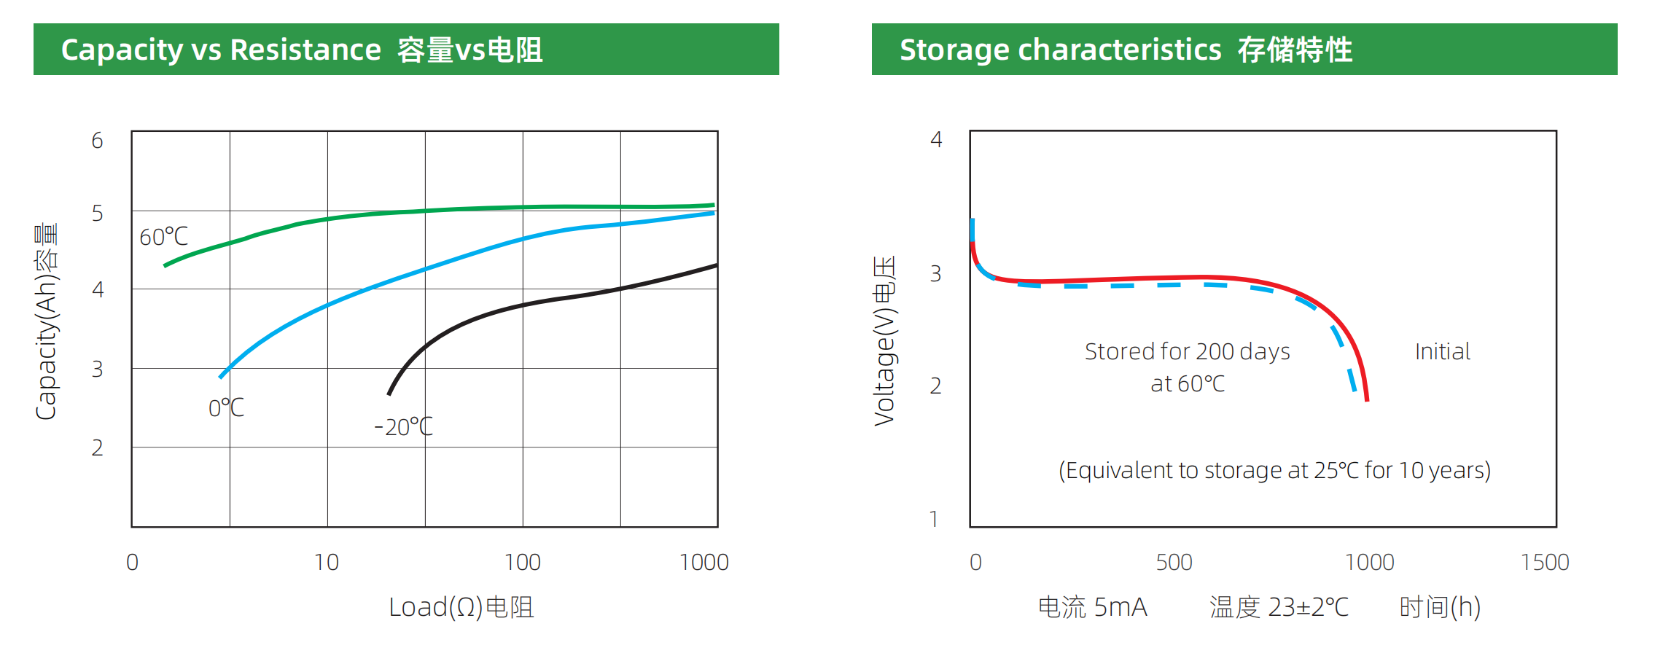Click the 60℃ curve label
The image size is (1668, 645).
[163, 237]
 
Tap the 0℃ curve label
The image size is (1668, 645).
[226, 407]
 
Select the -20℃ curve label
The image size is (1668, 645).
[403, 426]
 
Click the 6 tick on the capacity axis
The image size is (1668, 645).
[98, 141]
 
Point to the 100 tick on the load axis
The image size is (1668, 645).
[522, 563]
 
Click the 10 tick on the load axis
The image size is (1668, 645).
[327, 563]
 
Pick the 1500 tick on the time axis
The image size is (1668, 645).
[1544, 563]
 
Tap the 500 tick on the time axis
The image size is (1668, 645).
[1174, 563]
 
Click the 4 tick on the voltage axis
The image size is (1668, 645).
[936, 139]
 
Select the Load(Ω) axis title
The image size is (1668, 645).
[461, 607]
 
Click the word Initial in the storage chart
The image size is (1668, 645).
[1442, 352]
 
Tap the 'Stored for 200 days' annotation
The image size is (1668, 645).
[1187, 352]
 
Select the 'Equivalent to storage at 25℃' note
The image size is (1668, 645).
[1274, 471]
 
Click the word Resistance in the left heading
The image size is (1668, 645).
[305, 50]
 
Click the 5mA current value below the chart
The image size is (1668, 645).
[1121, 607]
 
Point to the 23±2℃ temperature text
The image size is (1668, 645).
[1309, 607]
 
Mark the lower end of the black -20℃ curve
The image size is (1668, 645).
[389, 394]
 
